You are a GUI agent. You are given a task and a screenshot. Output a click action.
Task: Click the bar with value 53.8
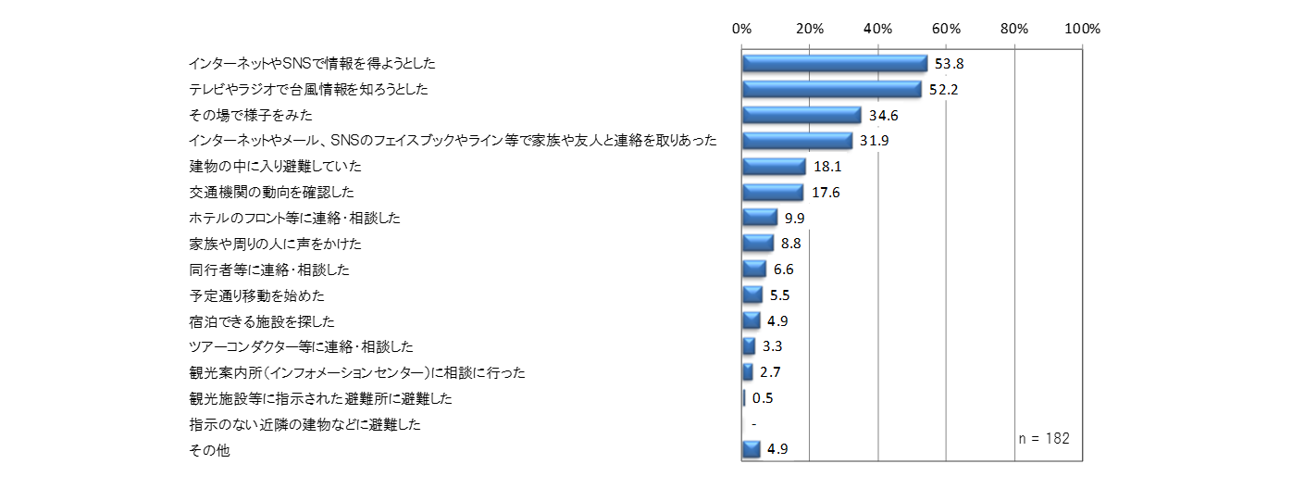(834, 63)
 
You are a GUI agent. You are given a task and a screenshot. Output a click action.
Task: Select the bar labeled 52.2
(831, 89)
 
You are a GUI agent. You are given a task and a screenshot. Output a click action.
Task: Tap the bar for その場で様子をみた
(801, 115)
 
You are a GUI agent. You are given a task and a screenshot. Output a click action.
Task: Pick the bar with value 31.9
(797, 141)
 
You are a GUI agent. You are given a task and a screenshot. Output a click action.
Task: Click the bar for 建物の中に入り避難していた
(774, 167)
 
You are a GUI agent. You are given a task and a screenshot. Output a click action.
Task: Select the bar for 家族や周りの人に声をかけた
(758, 244)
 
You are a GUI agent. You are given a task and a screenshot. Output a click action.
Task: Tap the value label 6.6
(784, 270)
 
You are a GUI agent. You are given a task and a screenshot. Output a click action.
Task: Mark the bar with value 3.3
(749, 346)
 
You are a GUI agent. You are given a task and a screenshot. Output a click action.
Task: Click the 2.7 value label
(770, 372)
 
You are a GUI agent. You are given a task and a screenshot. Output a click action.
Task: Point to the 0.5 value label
(763, 398)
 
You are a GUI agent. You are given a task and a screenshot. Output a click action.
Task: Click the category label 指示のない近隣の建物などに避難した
(304, 424)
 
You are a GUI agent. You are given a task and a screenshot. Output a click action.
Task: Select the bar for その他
(752, 450)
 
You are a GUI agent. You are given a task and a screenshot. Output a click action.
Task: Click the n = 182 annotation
(1042, 438)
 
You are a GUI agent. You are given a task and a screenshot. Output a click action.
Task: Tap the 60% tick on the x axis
(946, 29)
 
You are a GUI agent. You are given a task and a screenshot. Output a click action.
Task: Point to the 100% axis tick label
(1082, 29)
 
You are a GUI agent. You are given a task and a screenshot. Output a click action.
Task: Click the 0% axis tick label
(741, 29)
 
